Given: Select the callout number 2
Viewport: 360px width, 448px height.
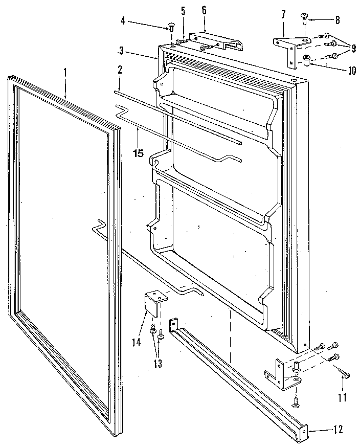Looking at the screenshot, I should [x=119, y=70].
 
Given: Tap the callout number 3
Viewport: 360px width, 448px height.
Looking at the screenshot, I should [x=121, y=50].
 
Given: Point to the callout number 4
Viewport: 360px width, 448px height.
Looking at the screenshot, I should [x=123, y=21].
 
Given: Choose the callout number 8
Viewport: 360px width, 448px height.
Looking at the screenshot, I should [x=338, y=20].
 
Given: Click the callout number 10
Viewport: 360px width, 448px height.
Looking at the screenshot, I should [x=351, y=71].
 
